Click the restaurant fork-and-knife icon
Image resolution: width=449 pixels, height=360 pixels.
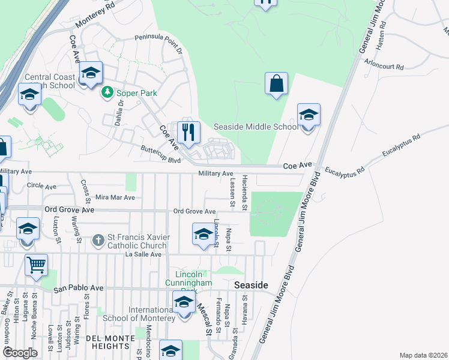[x=188, y=131]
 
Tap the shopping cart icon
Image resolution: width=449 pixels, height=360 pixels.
[x=37, y=265]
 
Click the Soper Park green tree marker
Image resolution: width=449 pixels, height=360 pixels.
[x=107, y=92]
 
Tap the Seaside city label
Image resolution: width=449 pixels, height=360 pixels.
[x=250, y=285]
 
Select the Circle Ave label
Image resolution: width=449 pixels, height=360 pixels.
[x=42, y=186]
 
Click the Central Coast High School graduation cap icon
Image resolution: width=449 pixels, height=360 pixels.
[x=91, y=73]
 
